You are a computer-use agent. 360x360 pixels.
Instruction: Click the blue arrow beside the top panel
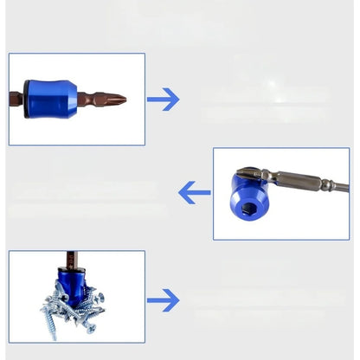[x=163, y=100]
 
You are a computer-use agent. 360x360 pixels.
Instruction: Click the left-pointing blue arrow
[x=194, y=192]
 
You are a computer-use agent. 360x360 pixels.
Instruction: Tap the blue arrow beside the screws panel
[x=163, y=300]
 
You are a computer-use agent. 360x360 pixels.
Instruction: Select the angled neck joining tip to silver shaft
[x=273, y=177]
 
